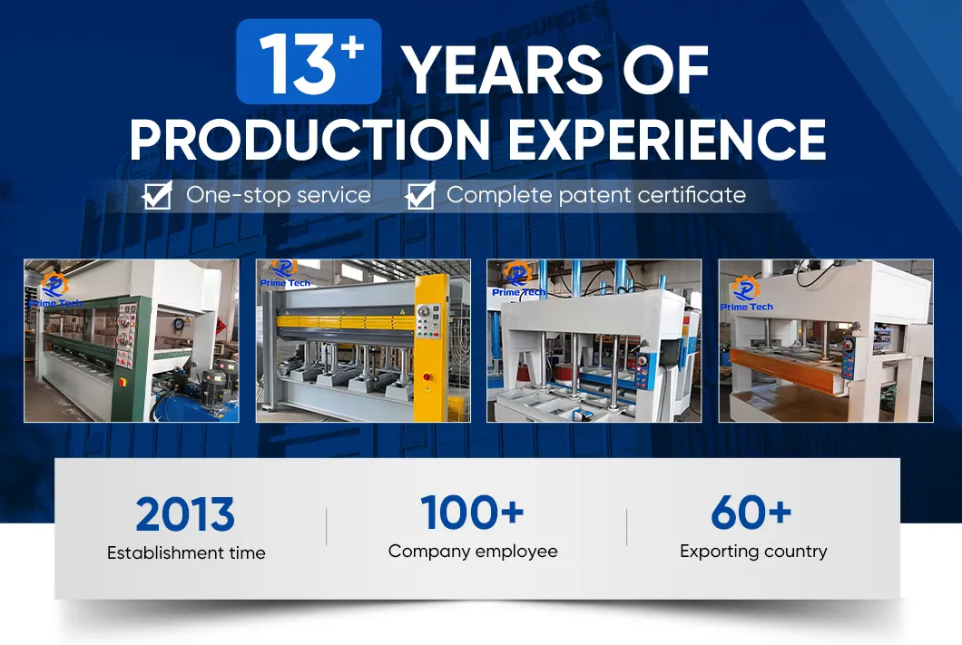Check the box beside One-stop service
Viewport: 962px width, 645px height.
158,195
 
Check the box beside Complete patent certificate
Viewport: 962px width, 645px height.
420,195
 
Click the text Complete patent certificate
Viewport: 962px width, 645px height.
595,194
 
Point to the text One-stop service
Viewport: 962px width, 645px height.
278,194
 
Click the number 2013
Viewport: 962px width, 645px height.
185,515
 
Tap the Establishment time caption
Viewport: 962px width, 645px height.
186,552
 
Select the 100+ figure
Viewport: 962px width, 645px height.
472,513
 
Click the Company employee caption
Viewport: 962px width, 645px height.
473,551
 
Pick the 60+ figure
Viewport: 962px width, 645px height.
751,513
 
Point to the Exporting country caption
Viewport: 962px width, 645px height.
753,551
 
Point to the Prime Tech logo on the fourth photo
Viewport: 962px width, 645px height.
746,295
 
